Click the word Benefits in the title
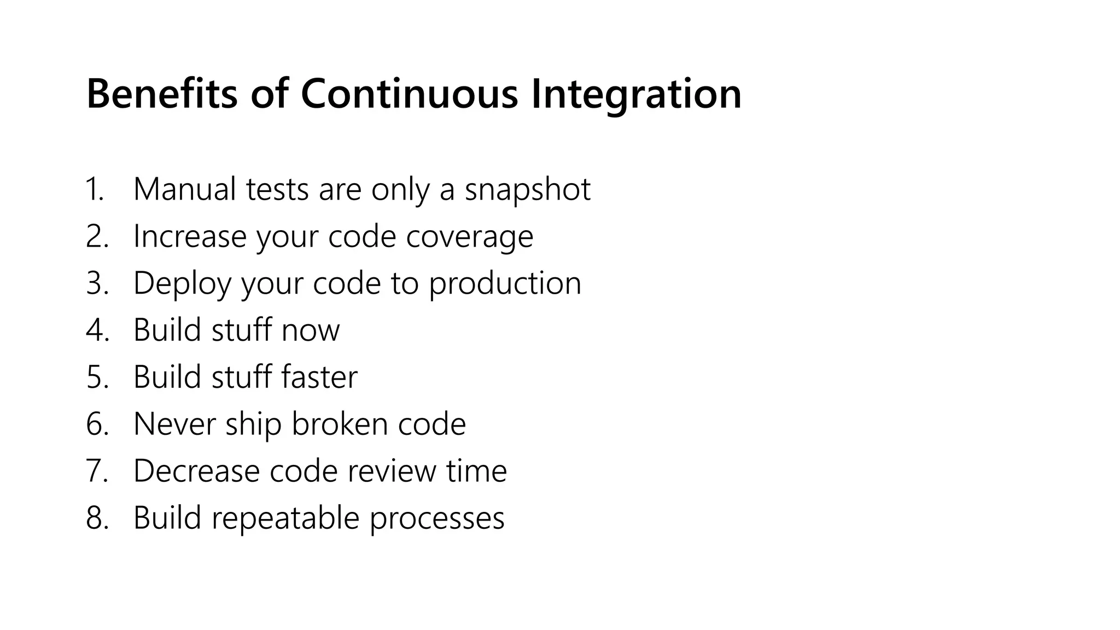click(x=162, y=94)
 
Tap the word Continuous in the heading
click(x=409, y=94)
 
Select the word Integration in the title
click(x=636, y=94)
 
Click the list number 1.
click(x=94, y=189)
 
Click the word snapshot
click(x=527, y=189)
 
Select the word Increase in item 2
click(x=189, y=236)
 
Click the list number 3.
click(x=96, y=283)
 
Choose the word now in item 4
click(x=310, y=330)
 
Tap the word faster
click(x=319, y=377)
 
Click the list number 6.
click(x=96, y=424)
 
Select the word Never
click(x=174, y=424)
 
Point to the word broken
click(x=340, y=424)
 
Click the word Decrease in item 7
click(x=196, y=471)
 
